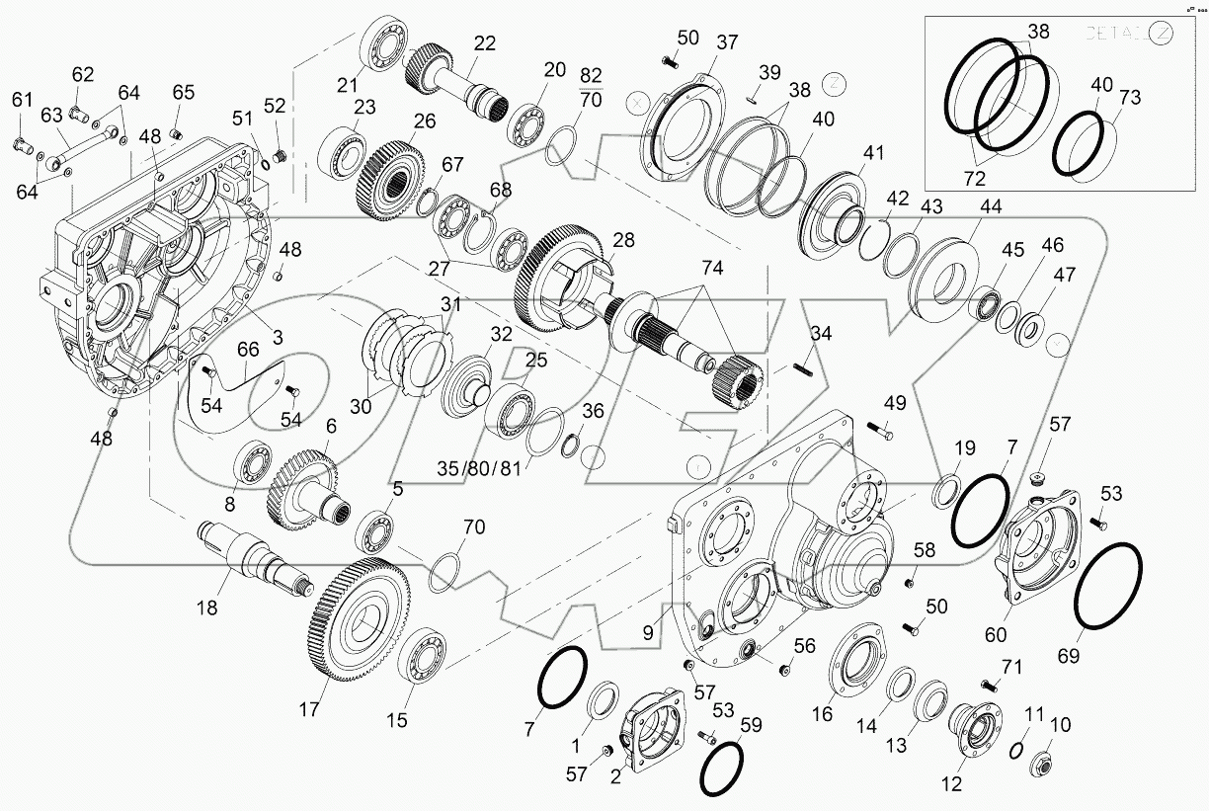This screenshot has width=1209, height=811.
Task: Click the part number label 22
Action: tap(484, 42)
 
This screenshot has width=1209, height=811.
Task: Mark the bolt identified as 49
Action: tap(882, 430)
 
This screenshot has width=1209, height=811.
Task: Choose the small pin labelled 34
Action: tap(801, 369)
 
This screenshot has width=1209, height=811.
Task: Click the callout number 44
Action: tap(991, 207)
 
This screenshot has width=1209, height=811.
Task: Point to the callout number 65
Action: tap(184, 92)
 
